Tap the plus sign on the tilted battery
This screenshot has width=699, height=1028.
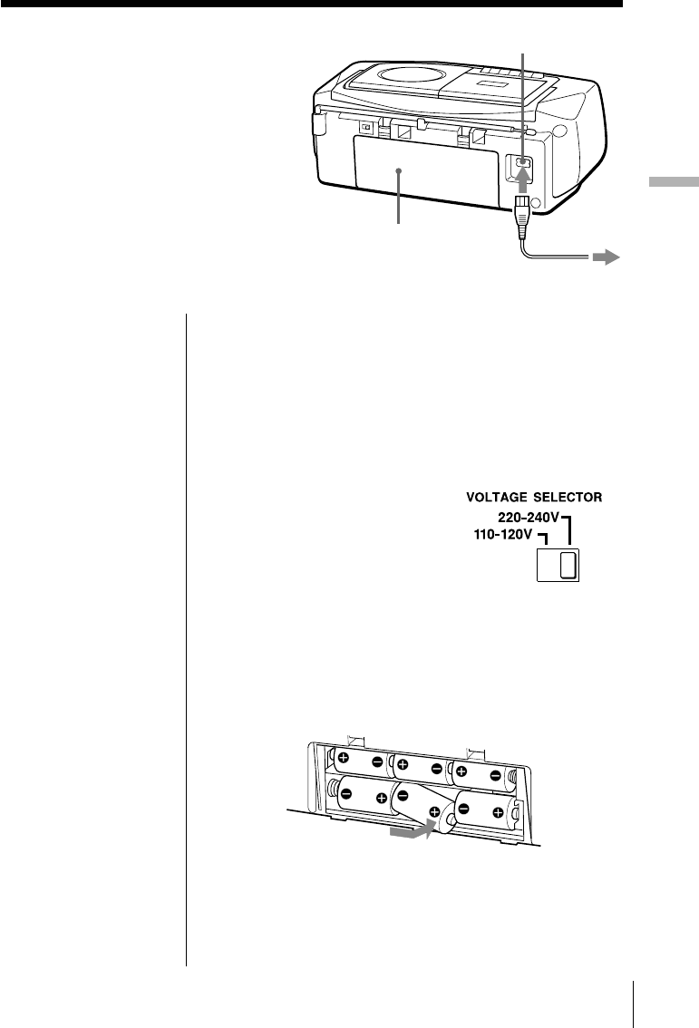[x=434, y=810]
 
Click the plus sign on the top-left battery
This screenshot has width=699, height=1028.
[x=344, y=757]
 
